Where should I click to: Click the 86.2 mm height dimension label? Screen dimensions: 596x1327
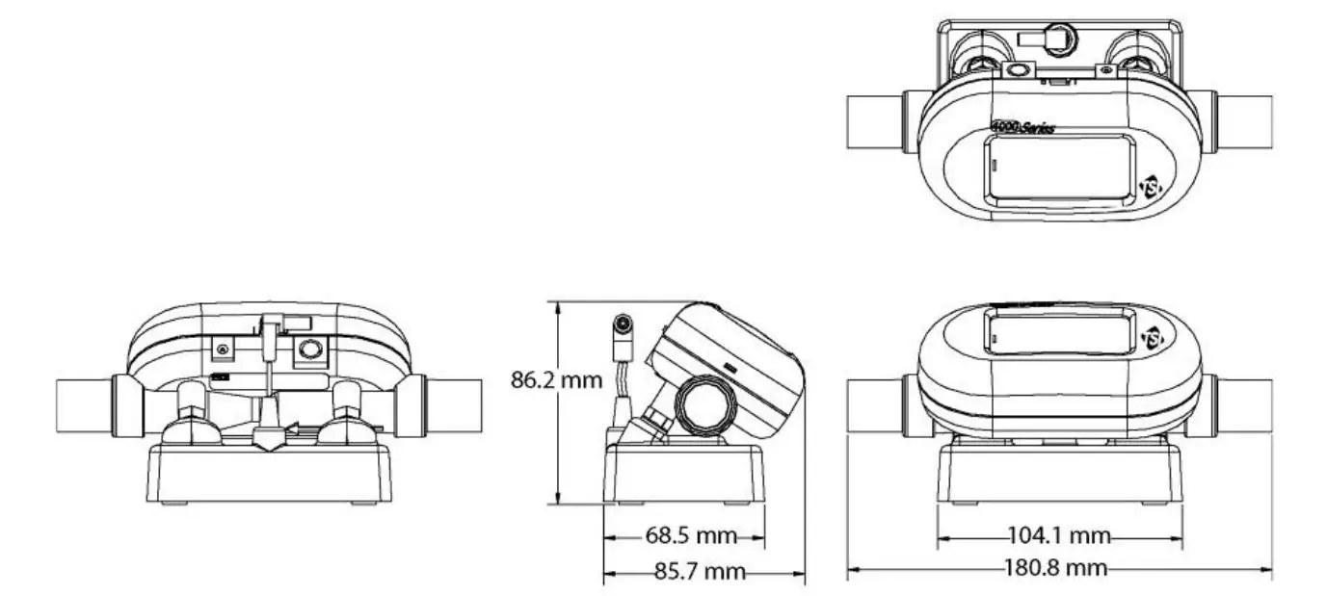556,380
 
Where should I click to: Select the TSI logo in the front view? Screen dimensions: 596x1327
1153,338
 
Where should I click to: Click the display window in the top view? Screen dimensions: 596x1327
1058,171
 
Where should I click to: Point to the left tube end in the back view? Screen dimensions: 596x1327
85,405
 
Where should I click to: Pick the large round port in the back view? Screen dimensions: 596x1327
309,350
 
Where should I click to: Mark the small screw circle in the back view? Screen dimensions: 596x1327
224,349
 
